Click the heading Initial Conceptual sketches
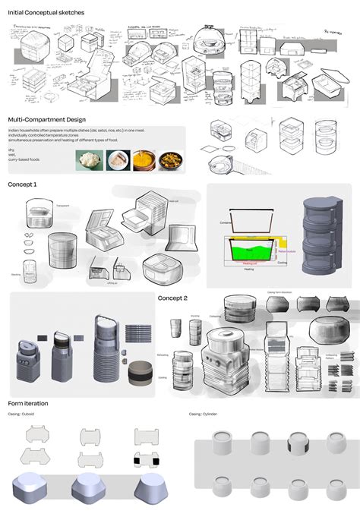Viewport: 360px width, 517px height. [46, 13]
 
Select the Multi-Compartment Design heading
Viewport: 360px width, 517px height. [46, 119]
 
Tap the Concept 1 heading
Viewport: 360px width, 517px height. [22, 184]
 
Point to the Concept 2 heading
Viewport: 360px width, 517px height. [172, 298]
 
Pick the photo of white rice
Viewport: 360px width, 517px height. [90, 160]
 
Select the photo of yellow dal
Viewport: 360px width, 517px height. [142, 160]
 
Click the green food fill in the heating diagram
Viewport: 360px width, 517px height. [251, 248]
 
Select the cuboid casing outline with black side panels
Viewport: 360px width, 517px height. [147, 461]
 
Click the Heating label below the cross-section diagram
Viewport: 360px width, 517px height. [248, 269]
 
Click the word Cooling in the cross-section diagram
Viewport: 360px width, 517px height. [281, 263]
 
